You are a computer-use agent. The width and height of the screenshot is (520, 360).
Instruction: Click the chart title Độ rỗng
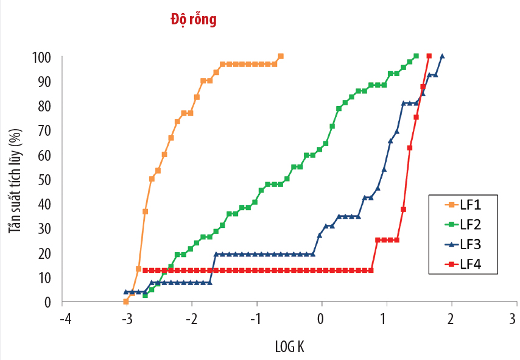(193, 20)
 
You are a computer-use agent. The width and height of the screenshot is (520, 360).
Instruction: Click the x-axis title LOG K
(290, 347)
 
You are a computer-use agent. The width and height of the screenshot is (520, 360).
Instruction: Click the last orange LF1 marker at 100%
(281, 56)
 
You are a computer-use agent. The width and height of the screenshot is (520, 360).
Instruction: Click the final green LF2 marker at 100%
(416, 56)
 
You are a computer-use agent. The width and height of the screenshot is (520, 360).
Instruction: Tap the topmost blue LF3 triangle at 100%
(442, 56)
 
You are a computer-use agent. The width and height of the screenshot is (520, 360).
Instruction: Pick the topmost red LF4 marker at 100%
(429, 56)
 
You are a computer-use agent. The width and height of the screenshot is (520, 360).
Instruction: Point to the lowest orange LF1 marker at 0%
(126, 302)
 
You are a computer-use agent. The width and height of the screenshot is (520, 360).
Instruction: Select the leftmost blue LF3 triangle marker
(126, 292)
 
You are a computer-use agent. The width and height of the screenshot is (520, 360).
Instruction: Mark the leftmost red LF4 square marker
(145, 270)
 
